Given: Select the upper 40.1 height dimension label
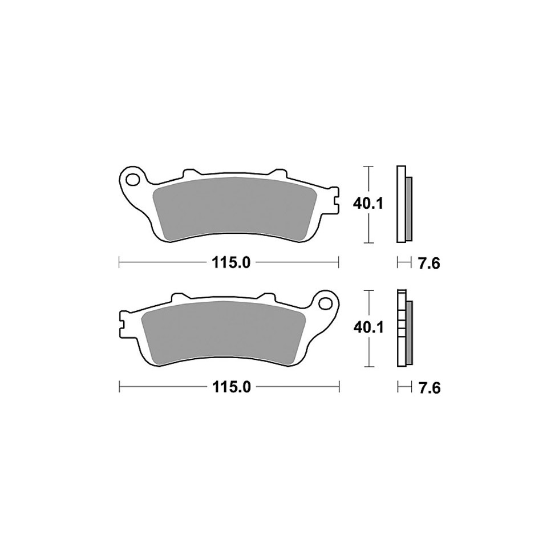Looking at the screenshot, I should click(x=367, y=204).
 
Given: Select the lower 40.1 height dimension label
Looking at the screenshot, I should click(x=367, y=327).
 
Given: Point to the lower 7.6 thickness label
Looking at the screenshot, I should click(x=428, y=387).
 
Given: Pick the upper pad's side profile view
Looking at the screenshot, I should click(x=403, y=204).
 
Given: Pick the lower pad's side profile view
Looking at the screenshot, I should click(x=403, y=328).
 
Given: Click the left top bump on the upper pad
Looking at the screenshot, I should click(x=191, y=173).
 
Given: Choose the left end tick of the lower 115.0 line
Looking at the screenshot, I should click(x=119, y=387).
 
